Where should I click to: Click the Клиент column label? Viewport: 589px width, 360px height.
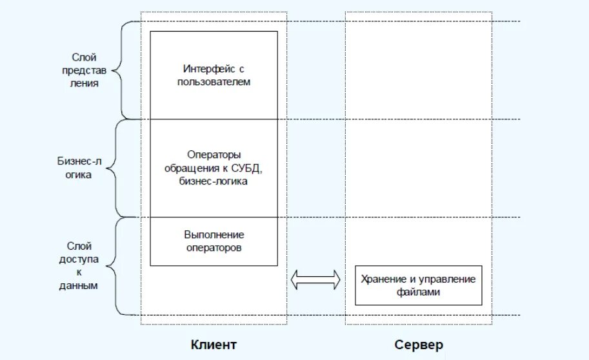214,345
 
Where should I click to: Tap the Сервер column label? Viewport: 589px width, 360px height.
419,345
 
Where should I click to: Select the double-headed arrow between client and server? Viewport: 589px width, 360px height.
315,279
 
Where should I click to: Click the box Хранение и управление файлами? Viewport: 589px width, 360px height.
418,285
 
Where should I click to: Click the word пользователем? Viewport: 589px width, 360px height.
214,82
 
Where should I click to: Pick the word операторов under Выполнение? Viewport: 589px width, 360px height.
214,247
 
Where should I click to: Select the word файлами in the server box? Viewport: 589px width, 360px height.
418,292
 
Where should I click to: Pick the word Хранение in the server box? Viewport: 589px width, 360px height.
382,279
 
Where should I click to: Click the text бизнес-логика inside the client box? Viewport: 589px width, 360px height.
214,182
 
